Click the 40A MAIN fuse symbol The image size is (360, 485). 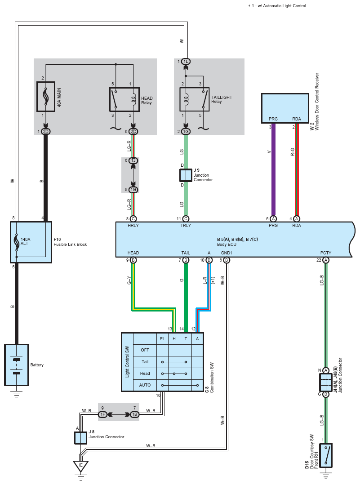46,97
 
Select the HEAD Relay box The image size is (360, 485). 124,100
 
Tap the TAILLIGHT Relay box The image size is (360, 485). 195,99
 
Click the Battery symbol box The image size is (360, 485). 16,365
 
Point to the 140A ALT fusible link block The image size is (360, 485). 31,242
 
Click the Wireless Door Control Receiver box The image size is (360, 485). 285,108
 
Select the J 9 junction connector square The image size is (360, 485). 186,175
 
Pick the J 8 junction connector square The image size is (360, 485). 80,438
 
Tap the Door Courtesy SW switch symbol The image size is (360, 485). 326,456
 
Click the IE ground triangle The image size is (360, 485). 81,466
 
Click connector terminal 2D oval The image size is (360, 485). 45,131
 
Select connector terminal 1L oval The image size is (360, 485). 186,62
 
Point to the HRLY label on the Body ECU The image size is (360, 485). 133,226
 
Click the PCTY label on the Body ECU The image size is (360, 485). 326,253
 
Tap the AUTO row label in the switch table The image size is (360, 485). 145,385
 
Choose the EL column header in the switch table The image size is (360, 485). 162,339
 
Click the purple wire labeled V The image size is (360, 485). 273,169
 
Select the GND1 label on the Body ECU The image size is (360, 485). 227,253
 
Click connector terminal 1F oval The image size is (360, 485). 102,414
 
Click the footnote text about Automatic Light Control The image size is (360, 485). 277,5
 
